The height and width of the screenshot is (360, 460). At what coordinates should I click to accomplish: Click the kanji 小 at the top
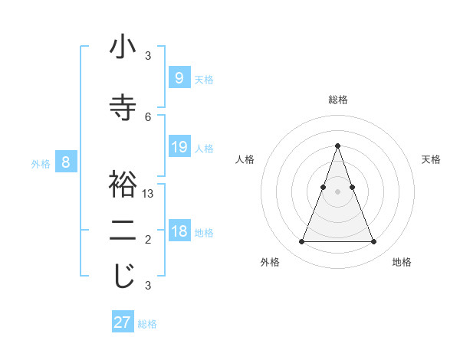(123, 47)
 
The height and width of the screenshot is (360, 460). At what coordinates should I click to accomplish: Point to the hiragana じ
(123, 277)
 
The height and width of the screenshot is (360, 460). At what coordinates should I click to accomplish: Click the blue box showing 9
(179, 78)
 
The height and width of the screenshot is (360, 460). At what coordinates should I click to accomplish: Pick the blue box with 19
(179, 147)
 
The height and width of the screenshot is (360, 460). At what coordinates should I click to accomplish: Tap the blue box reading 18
(179, 231)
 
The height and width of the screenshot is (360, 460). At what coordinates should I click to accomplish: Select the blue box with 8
(66, 162)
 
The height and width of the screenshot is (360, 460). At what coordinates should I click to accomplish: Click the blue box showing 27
(123, 322)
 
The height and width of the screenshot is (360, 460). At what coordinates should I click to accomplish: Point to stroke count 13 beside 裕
(148, 194)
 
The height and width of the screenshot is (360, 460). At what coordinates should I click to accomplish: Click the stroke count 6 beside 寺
(148, 116)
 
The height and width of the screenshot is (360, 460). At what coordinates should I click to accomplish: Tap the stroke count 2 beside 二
(148, 240)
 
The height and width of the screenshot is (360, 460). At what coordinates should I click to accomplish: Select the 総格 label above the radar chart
(337, 100)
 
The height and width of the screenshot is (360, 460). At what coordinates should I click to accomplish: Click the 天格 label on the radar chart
(431, 159)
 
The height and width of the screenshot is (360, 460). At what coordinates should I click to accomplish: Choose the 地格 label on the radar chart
(402, 262)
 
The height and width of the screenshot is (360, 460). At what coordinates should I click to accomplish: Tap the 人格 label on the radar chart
(245, 159)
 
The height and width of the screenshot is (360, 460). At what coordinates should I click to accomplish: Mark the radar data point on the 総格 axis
(337, 146)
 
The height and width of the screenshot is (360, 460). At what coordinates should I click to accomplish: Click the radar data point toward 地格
(373, 242)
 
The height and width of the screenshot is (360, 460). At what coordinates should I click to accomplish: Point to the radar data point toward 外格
(301, 242)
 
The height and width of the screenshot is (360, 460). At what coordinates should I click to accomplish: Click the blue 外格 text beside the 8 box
(40, 163)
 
